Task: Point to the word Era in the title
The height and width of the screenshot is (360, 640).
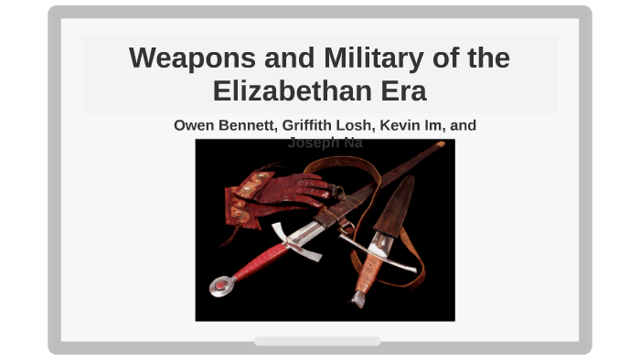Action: coord(401,91)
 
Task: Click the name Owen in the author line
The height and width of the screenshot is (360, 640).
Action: coord(194,125)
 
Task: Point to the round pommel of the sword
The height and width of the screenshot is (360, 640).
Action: coord(219,286)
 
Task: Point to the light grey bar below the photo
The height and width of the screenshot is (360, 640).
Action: coord(317,341)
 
